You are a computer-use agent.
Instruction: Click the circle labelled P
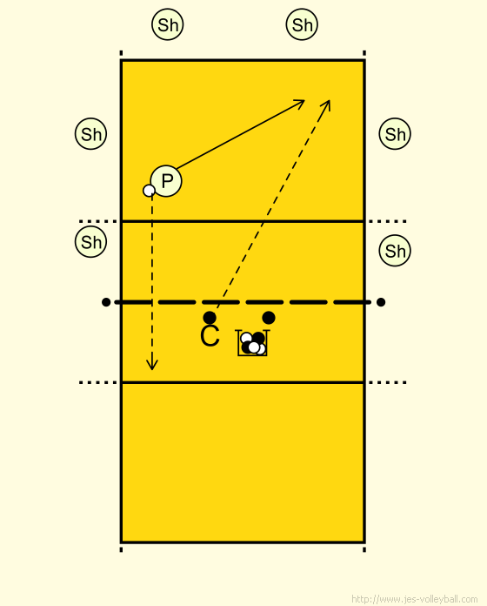point(166,181)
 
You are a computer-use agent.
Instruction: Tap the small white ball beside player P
point(149,191)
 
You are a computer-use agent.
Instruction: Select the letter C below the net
point(210,336)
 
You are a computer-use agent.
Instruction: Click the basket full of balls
point(252,343)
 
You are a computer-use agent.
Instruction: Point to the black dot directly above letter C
point(210,318)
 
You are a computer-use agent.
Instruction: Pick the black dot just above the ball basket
point(269,318)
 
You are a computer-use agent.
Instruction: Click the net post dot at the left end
point(106,302)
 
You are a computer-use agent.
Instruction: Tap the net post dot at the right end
point(381,302)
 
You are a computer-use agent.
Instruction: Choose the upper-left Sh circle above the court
point(168,24)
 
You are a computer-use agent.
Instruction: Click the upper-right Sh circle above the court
point(302,24)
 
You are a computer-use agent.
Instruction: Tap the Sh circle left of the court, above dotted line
point(90,134)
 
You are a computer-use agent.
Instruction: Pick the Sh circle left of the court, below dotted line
point(90,242)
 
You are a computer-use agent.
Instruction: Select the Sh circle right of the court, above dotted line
point(395,134)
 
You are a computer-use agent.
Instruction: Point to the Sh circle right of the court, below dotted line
point(395,251)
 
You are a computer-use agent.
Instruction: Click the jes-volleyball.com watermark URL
point(415,599)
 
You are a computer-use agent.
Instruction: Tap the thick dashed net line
point(243,302)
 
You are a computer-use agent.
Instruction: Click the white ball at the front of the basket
point(254,347)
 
